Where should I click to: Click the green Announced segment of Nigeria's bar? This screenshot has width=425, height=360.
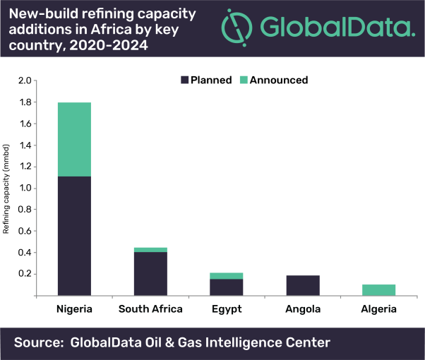74,139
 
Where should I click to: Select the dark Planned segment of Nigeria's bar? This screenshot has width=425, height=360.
74,235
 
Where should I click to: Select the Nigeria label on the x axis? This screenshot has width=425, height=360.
74,309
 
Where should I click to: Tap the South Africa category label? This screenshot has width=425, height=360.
150,309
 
